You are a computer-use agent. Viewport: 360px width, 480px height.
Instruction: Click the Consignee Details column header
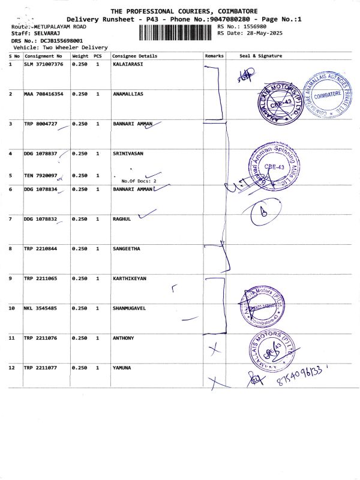(x=135, y=56)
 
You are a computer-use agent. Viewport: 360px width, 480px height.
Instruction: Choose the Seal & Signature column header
(x=260, y=56)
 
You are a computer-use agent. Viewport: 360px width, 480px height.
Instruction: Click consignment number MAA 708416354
(x=43, y=94)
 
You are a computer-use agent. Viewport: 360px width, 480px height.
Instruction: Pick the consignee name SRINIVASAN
(x=128, y=154)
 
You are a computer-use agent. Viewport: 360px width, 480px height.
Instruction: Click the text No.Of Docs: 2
(x=139, y=181)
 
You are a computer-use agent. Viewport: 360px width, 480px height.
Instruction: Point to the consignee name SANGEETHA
(x=127, y=248)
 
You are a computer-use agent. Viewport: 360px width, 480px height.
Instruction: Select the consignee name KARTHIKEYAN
(x=130, y=279)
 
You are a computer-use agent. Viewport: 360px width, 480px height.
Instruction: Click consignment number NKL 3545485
(x=43, y=308)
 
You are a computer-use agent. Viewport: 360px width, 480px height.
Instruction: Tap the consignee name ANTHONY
(x=124, y=338)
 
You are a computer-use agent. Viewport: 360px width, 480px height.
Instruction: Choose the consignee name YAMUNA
(x=122, y=367)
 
